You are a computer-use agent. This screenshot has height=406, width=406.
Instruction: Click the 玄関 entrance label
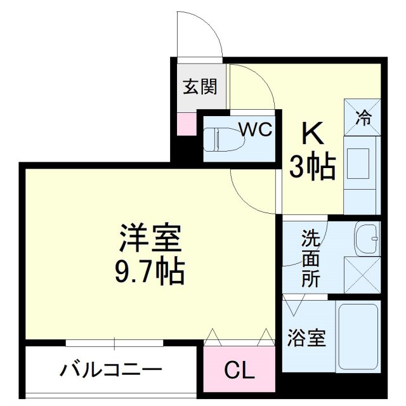coord(200,87)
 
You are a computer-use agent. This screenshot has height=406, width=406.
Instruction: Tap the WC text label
coord(256,129)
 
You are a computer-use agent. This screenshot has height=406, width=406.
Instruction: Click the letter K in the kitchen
coord(313,134)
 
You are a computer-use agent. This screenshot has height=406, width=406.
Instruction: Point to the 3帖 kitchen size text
coord(313,166)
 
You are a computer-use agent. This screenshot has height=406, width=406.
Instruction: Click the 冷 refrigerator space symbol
coord(363,117)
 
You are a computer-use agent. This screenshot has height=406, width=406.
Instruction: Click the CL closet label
coord(239,370)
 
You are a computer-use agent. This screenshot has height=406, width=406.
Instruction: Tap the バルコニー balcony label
coord(112,370)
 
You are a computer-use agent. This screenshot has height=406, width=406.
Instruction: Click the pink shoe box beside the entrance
coord(187,122)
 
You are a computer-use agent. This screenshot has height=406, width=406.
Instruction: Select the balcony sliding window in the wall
coord(114,343)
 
